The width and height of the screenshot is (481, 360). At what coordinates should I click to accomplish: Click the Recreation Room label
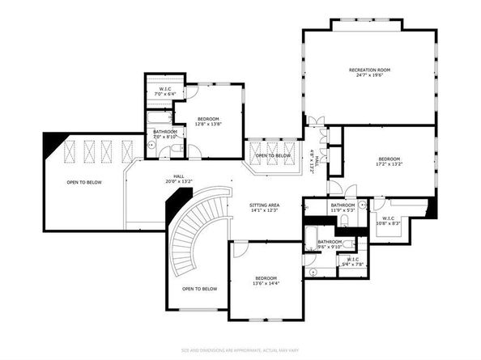(369, 70)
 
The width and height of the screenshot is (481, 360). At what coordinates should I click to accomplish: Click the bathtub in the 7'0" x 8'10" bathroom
(156, 122)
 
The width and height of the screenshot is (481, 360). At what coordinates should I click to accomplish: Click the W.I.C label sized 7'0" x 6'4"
(164, 89)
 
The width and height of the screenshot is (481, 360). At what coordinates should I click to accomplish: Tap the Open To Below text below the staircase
(199, 289)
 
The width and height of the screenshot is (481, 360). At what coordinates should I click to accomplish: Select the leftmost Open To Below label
(84, 183)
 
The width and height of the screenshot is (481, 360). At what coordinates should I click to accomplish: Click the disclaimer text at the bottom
(240, 350)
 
